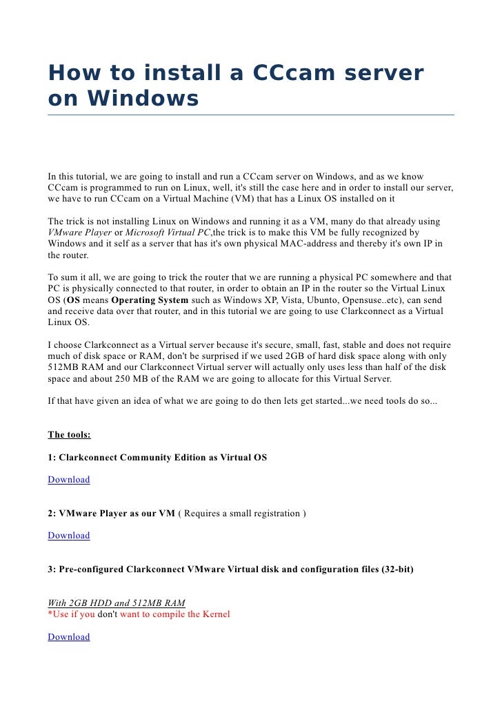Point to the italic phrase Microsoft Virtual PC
pyautogui.click(x=168, y=233)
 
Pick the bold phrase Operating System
pyautogui.click(x=150, y=300)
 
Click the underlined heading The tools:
pyautogui.click(x=69, y=435)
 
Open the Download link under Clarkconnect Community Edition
pyautogui.click(x=69, y=480)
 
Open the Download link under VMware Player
pyautogui.click(x=69, y=536)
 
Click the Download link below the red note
pyautogui.click(x=69, y=637)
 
